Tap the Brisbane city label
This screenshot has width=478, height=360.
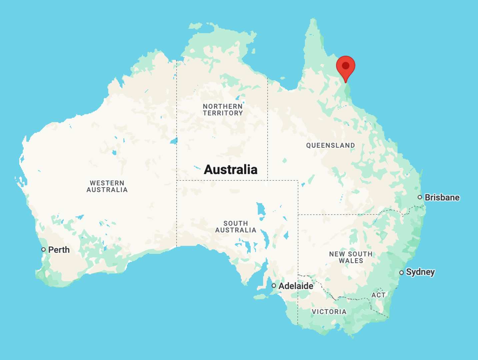pos(442,197)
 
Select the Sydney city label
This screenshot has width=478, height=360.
pos(420,272)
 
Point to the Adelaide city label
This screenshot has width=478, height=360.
pos(296,286)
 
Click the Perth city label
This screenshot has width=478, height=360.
pos(59,250)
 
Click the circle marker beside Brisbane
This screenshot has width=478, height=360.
pos(420,197)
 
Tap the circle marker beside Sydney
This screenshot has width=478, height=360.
pos(401,273)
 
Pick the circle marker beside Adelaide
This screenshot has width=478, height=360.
pos(274,286)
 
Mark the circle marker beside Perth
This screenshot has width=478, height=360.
pos(43,249)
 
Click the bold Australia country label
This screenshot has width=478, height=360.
pos(231,169)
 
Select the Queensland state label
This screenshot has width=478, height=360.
pos(330,145)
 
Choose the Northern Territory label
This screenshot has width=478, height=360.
pos(223,110)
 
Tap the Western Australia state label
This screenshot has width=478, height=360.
pos(107,186)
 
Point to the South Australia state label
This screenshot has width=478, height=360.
pos(236,227)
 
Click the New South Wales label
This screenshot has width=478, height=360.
pos(351,257)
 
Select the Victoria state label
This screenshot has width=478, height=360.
pos(329,312)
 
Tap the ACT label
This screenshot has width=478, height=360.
pos(378,295)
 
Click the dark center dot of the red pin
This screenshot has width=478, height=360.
pos(346,65)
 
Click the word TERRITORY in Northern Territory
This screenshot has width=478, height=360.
pos(223,113)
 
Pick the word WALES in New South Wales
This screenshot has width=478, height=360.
pos(351,261)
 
